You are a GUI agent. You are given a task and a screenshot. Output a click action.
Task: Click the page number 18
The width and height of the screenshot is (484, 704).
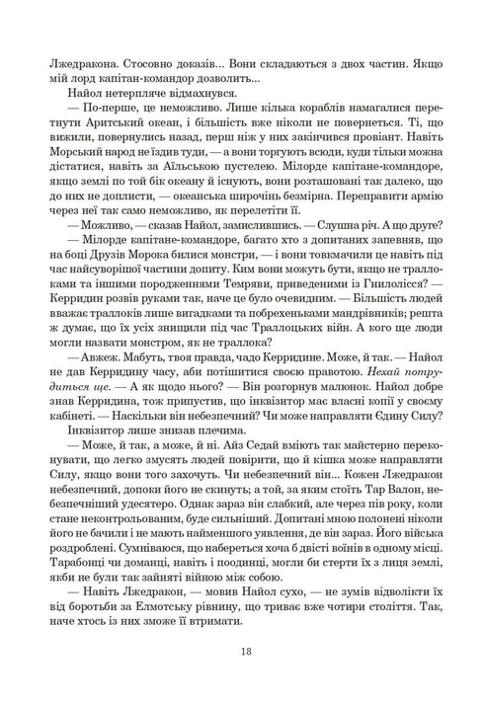point(242,651)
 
